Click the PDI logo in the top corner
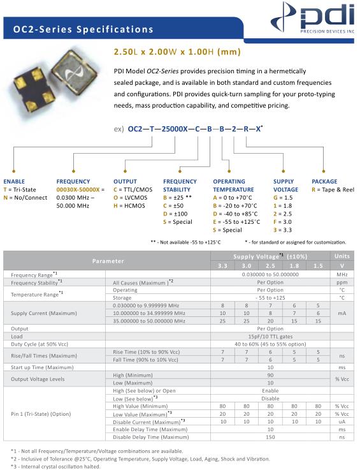312,18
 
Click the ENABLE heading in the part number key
14,181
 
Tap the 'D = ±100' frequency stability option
175,214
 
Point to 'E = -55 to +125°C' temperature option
236,222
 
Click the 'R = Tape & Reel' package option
333,189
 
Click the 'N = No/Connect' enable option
25,198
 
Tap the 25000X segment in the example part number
175,129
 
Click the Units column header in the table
342,256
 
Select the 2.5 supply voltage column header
270,266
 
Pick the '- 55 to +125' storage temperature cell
270,298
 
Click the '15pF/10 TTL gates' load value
270,337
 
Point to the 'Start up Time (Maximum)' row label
42,367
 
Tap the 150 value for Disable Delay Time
270,437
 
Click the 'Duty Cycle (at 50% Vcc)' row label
40,344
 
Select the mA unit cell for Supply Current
342,313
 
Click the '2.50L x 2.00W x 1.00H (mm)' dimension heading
177,52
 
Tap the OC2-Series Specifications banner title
83,29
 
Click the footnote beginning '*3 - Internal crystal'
55,466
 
